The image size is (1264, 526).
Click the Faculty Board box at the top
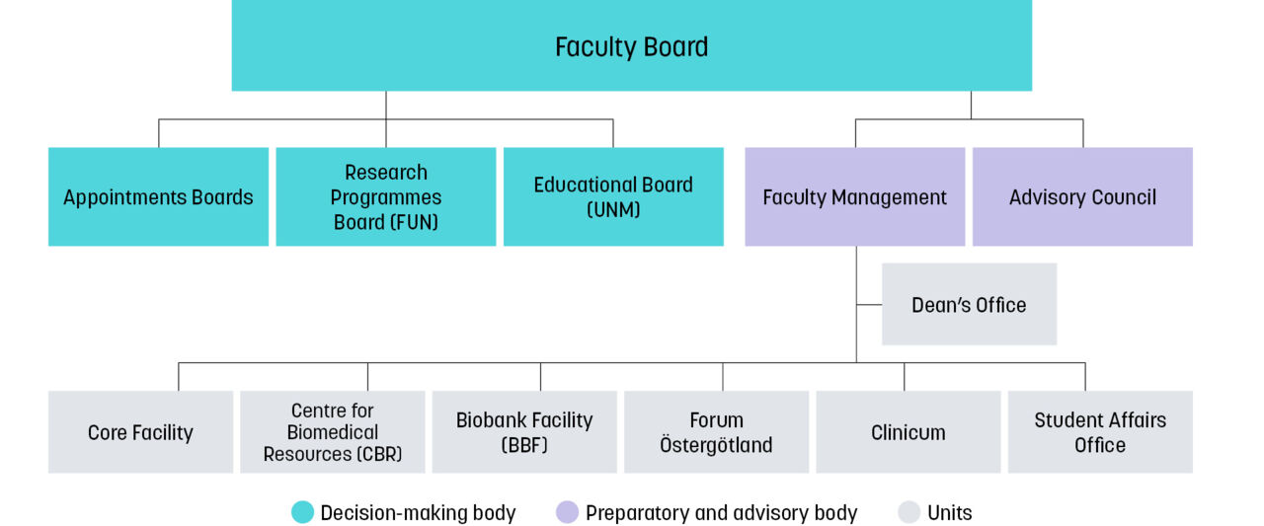[x=631, y=46]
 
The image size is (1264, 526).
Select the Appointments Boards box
[x=158, y=196]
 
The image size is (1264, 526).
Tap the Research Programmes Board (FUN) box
[x=385, y=196]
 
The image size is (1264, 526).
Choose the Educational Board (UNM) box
[x=613, y=196]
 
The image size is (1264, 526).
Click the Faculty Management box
[x=854, y=196]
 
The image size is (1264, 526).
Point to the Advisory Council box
[x=1082, y=196]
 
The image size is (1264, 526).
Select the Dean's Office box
[x=969, y=304]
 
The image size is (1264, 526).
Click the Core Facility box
[x=140, y=432]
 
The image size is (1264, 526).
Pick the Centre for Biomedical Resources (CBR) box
[x=332, y=432]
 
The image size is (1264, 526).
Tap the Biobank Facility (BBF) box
[x=523, y=432]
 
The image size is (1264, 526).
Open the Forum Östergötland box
[x=716, y=432]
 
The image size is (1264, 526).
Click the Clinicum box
[x=908, y=432]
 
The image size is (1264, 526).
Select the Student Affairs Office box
[x=1099, y=432]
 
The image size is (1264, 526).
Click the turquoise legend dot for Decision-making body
[x=302, y=512]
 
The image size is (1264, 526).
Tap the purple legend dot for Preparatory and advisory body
[x=567, y=512]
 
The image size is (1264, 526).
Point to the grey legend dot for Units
[x=908, y=512]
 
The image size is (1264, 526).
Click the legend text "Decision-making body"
[x=418, y=513]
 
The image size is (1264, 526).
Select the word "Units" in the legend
[x=949, y=513]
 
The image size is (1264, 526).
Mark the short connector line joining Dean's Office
[x=869, y=305]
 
